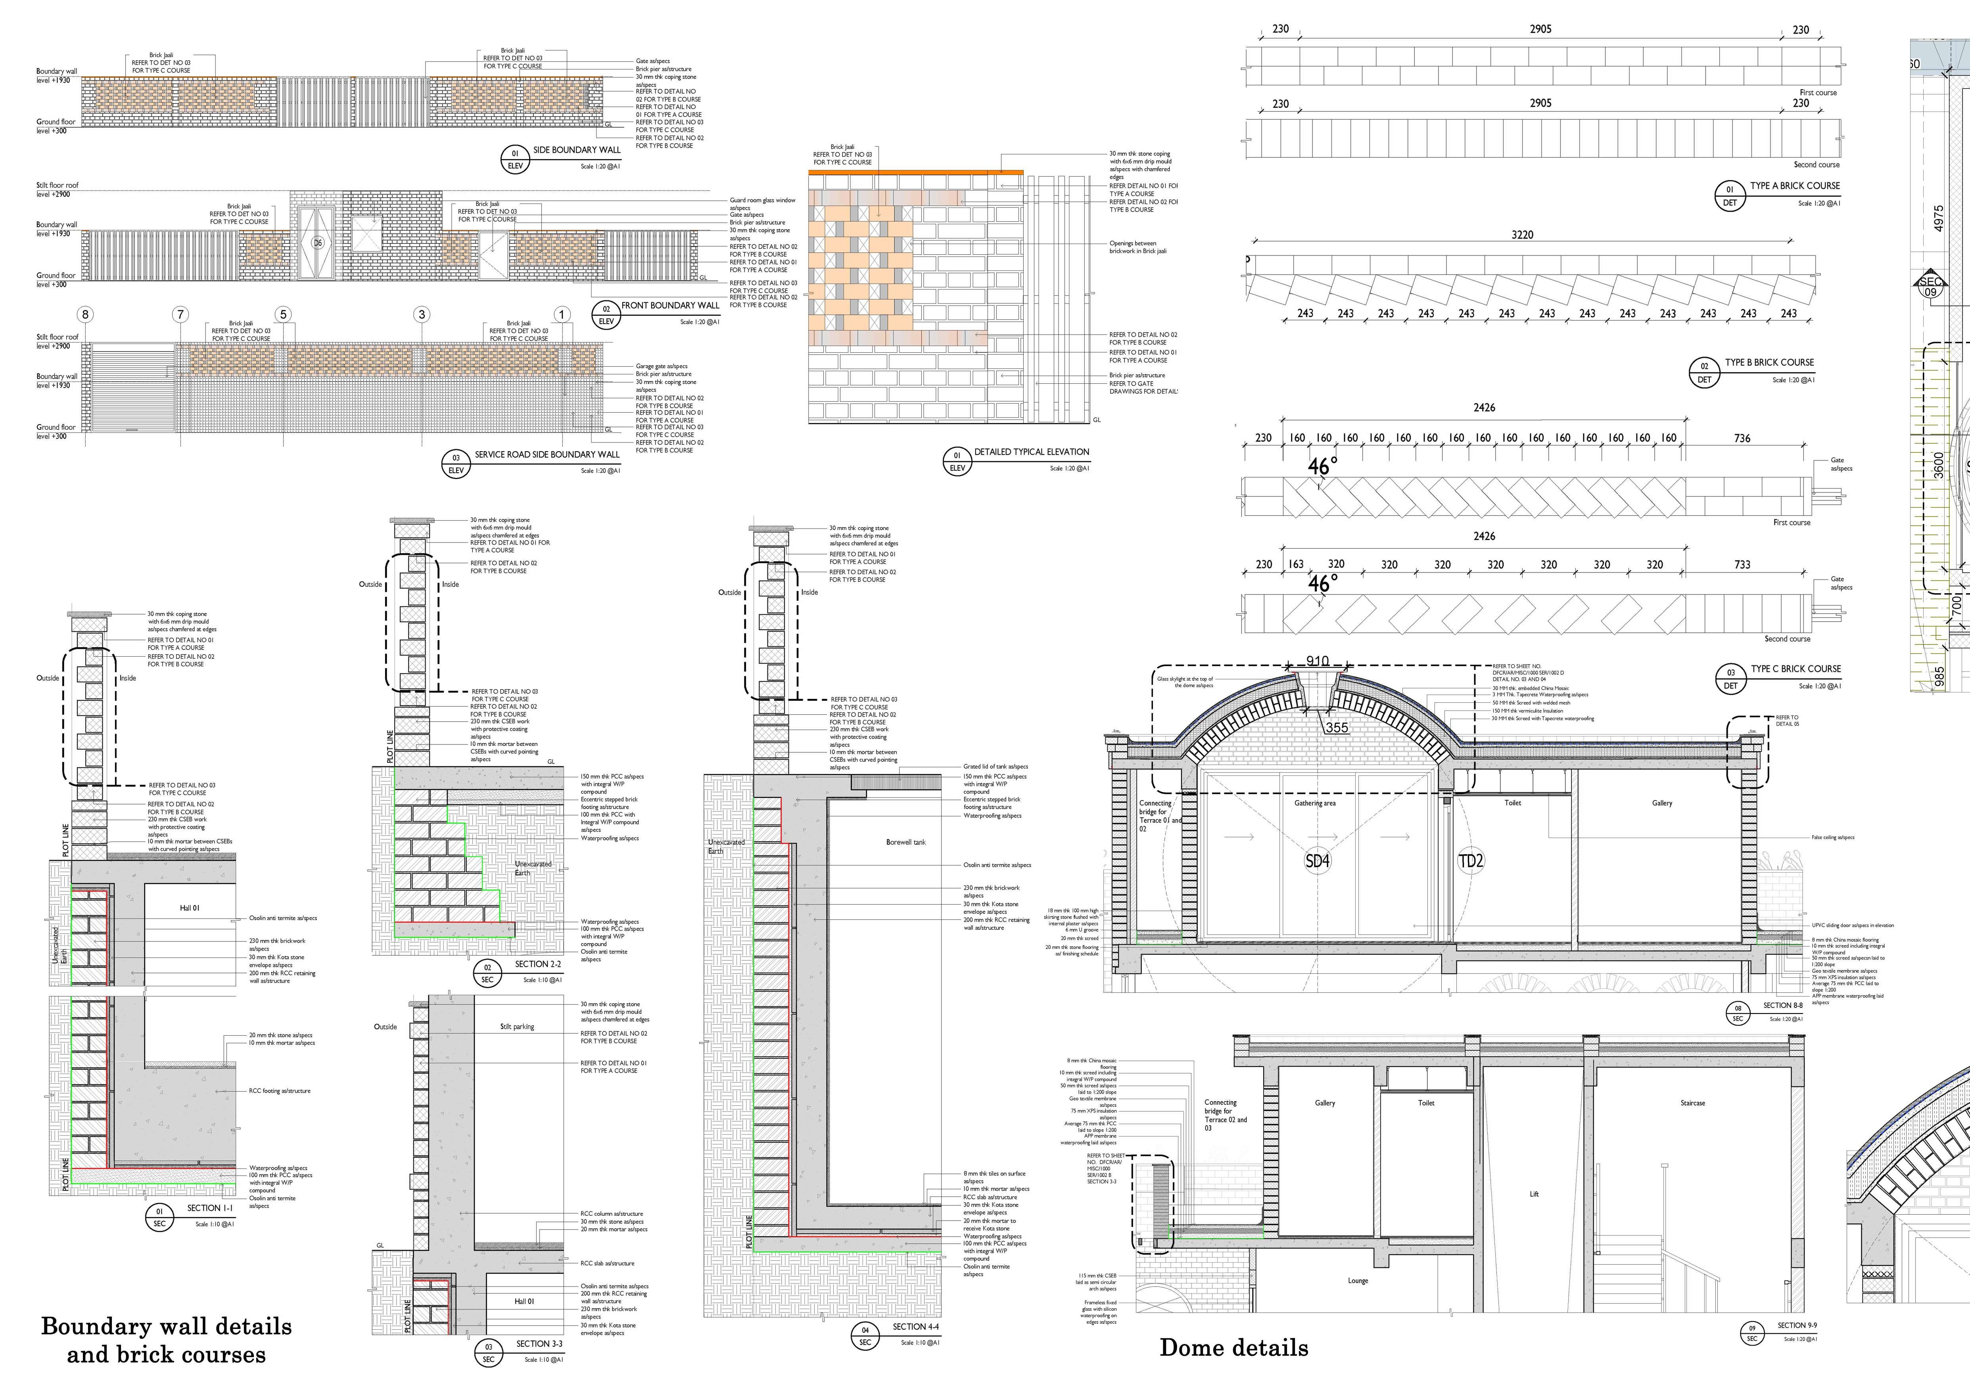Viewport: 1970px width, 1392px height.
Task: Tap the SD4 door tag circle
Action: click(1317, 860)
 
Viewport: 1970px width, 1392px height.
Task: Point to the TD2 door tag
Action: click(1471, 860)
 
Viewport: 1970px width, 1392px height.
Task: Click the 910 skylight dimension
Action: click(1317, 661)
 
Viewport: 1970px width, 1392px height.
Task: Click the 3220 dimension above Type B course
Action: click(1522, 234)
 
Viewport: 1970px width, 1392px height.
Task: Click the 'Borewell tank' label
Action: click(905, 842)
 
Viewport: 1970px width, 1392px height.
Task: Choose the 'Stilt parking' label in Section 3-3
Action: click(516, 1027)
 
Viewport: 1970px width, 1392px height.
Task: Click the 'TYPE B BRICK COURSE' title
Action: click(1769, 362)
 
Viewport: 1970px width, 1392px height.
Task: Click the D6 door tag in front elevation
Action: click(317, 243)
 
